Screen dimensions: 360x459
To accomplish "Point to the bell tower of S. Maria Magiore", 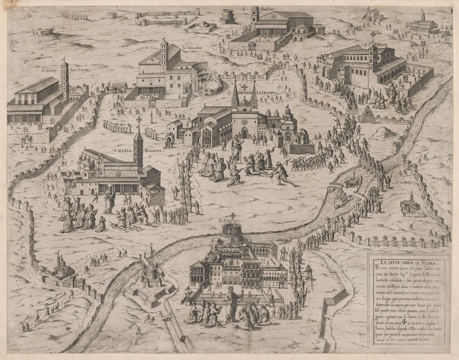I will pos(138,147).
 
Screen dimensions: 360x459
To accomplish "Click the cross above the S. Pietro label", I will pos(232,216).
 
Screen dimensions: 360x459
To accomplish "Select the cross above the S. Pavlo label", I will pos(373,34).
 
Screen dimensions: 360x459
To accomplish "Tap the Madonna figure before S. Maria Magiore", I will pos(109,199).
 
